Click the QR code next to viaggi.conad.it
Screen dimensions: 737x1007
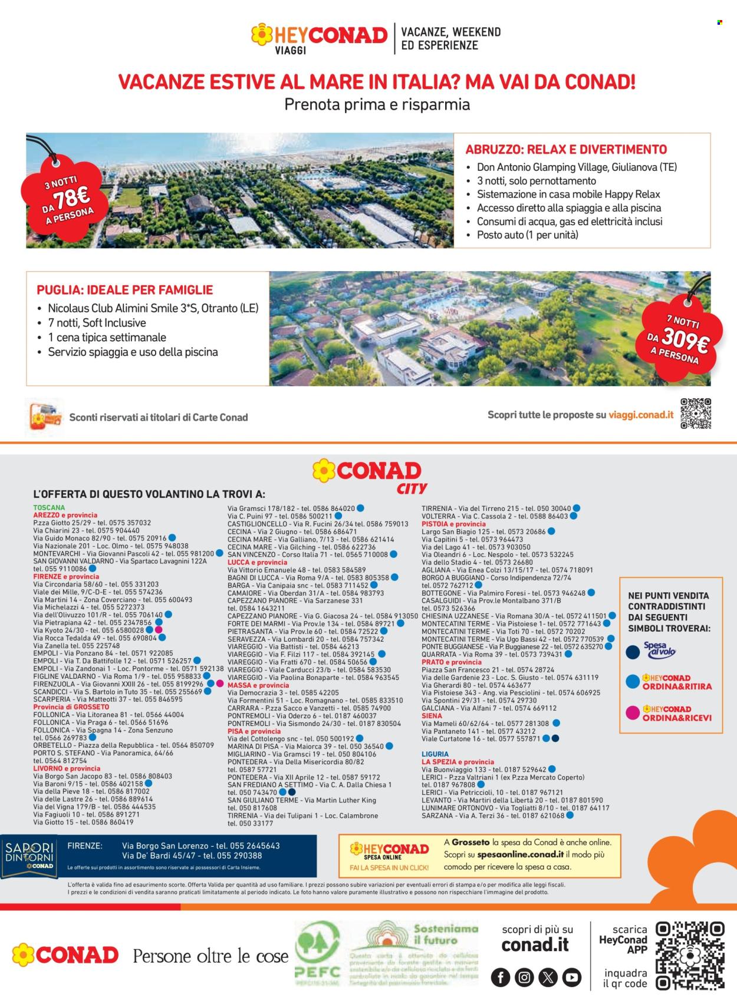click(x=696, y=414)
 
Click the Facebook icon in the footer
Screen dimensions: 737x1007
click(x=501, y=978)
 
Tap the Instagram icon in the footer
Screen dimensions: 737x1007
click(x=524, y=978)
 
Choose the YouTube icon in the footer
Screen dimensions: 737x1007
click(x=571, y=978)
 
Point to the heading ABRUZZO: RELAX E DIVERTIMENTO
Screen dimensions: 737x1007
click(x=566, y=149)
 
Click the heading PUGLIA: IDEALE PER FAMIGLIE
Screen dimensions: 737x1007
click(x=124, y=290)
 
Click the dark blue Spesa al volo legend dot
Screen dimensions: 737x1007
click(x=633, y=652)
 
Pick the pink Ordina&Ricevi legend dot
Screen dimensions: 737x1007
click(x=633, y=713)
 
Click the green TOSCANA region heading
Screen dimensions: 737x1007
click(x=49, y=507)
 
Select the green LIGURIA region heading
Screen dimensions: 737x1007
click(x=435, y=754)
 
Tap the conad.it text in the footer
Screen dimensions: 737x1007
click(x=535, y=945)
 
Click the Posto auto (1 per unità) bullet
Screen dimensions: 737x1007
click(x=527, y=235)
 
